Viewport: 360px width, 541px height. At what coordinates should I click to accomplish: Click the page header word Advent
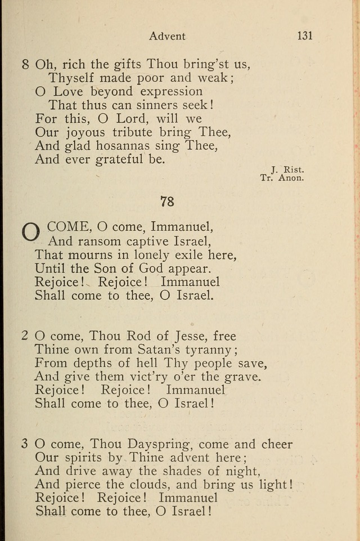click(167, 36)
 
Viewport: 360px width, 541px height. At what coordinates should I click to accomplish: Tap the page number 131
click(304, 35)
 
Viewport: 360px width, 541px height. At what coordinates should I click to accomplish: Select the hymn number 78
click(167, 201)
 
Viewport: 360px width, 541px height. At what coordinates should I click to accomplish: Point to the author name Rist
click(294, 168)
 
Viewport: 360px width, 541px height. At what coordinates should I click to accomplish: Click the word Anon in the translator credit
click(291, 178)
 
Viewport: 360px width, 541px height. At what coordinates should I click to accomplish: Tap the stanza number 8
click(25, 64)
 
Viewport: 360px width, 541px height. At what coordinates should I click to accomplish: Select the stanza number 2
click(25, 336)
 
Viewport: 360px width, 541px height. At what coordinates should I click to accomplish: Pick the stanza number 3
click(25, 444)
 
